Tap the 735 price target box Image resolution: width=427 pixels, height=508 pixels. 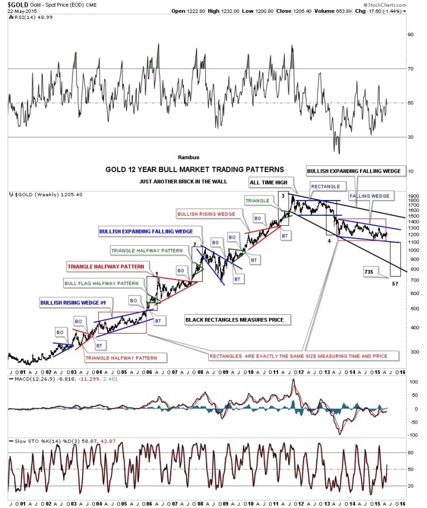click(368, 272)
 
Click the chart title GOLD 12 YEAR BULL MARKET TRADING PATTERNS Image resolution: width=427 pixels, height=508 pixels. click(194, 169)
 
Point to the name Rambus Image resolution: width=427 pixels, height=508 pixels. click(188, 157)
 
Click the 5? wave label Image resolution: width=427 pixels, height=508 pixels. click(395, 284)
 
